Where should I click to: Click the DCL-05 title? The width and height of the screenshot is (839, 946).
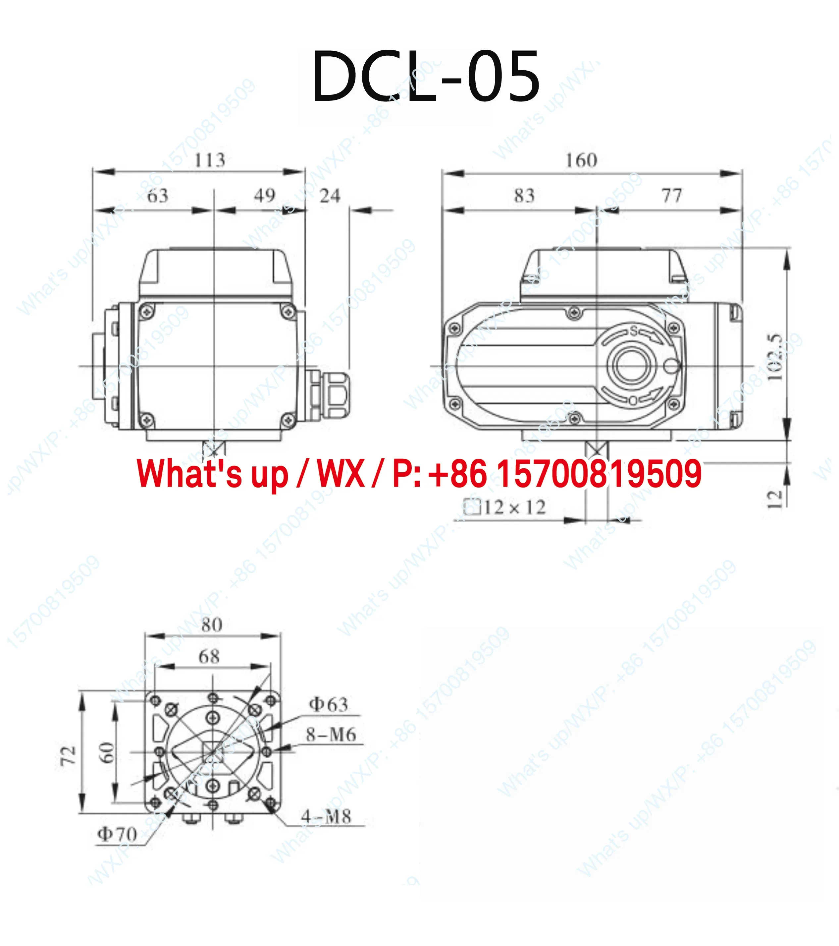pyautogui.click(x=426, y=76)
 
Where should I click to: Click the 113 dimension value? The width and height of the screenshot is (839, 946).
pyautogui.click(x=210, y=160)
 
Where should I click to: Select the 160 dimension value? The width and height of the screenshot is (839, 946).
pyautogui.click(x=581, y=160)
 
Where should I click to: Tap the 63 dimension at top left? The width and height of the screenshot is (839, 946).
pyautogui.click(x=157, y=196)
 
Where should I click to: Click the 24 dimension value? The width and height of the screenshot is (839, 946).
pyautogui.click(x=330, y=196)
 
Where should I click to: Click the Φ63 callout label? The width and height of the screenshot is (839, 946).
pyautogui.click(x=328, y=704)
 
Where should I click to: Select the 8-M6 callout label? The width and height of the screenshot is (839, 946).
pyautogui.click(x=331, y=735)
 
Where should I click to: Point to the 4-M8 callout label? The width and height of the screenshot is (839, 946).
pyautogui.click(x=326, y=816)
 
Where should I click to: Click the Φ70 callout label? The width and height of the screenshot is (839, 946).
pyautogui.click(x=117, y=834)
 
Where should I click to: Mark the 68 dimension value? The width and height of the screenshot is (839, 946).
pyautogui.click(x=209, y=656)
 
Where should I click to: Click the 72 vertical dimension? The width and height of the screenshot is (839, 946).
pyautogui.click(x=69, y=755)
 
